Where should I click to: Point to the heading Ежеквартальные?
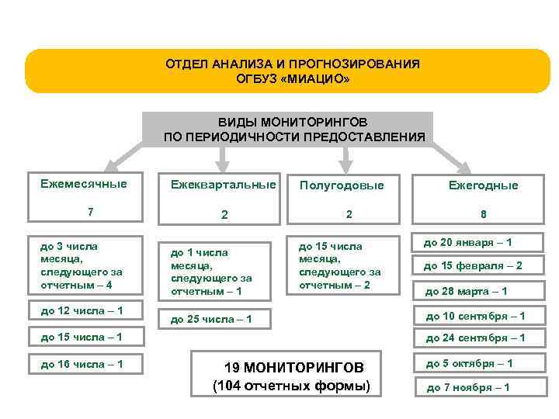coord(223,185)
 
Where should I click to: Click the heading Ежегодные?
coord(482,186)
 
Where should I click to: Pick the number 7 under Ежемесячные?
coord(91,212)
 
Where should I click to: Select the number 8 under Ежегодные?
coord(483,215)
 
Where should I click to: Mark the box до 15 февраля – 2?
coord(473,266)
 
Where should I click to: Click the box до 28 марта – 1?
coord(473,291)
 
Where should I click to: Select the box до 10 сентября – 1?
coord(473,316)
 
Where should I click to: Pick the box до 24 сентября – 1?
coord(473,338)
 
